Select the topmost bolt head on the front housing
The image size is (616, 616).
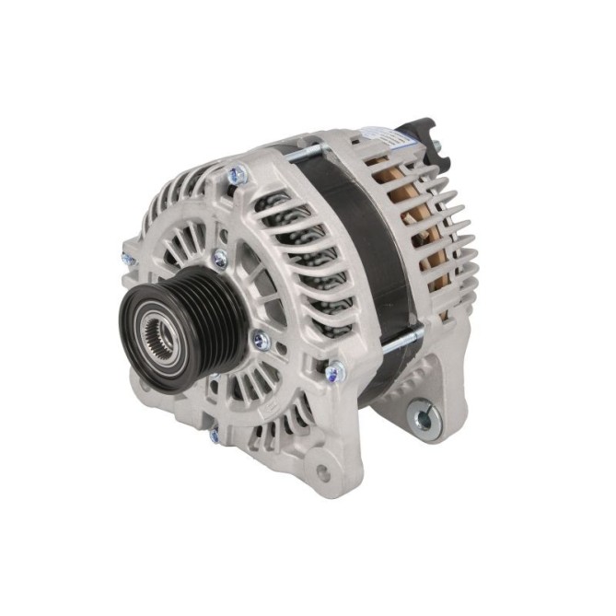point(237,172)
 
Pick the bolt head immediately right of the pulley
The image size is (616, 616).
point(261,341)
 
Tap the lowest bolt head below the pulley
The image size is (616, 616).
point(214,432)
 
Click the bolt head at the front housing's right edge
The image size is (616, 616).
point(335,372)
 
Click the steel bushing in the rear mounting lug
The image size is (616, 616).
point(423,419)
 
